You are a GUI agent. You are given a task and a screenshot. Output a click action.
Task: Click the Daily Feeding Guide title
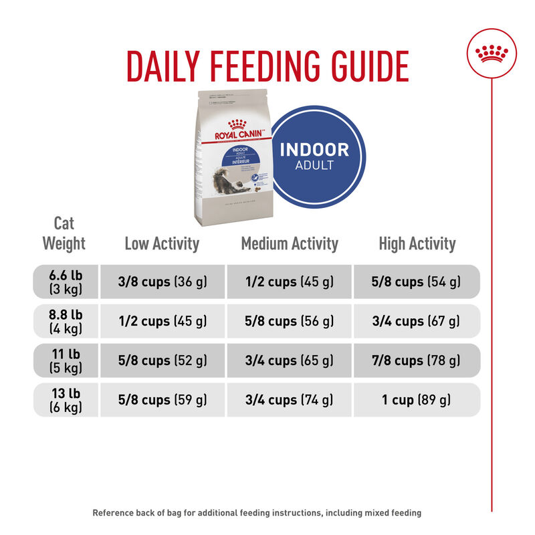tap(267, 65)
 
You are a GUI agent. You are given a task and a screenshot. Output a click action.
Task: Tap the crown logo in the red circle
tap(491, 53)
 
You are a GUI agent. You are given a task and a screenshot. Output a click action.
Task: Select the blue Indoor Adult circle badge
tap(314, 156)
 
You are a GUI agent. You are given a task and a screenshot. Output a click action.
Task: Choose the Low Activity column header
tap(162, 243)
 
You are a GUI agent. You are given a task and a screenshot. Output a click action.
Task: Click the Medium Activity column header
tap(290, 243)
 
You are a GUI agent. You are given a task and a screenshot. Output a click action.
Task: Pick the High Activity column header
tap(417, 243)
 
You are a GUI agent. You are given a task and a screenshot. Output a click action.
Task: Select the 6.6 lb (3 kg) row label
tap(66, 282)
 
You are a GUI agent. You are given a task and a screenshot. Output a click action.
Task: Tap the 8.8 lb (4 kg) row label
tap(66, 321)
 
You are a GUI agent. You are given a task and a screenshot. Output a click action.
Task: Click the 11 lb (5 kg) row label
tap(66, 360)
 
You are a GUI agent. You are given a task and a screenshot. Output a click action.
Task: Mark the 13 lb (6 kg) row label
tap(66, 400)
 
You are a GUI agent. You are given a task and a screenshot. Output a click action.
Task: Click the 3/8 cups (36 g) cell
tap(163, 282)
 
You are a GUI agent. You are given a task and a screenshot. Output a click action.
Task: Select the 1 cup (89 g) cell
tap(417, 400)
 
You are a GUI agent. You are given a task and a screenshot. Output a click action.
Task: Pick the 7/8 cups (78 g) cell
tap(417, 360)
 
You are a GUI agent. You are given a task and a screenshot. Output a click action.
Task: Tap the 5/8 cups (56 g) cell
tap(290, 321)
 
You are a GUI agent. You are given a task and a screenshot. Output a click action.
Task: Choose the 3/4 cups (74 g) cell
tap(290, 400)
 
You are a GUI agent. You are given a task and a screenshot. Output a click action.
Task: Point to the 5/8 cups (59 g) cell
tap(163, 400)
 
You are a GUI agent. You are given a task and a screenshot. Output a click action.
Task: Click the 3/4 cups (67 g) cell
tap(417, 321)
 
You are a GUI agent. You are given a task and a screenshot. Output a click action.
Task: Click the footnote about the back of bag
tap(257, 513)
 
